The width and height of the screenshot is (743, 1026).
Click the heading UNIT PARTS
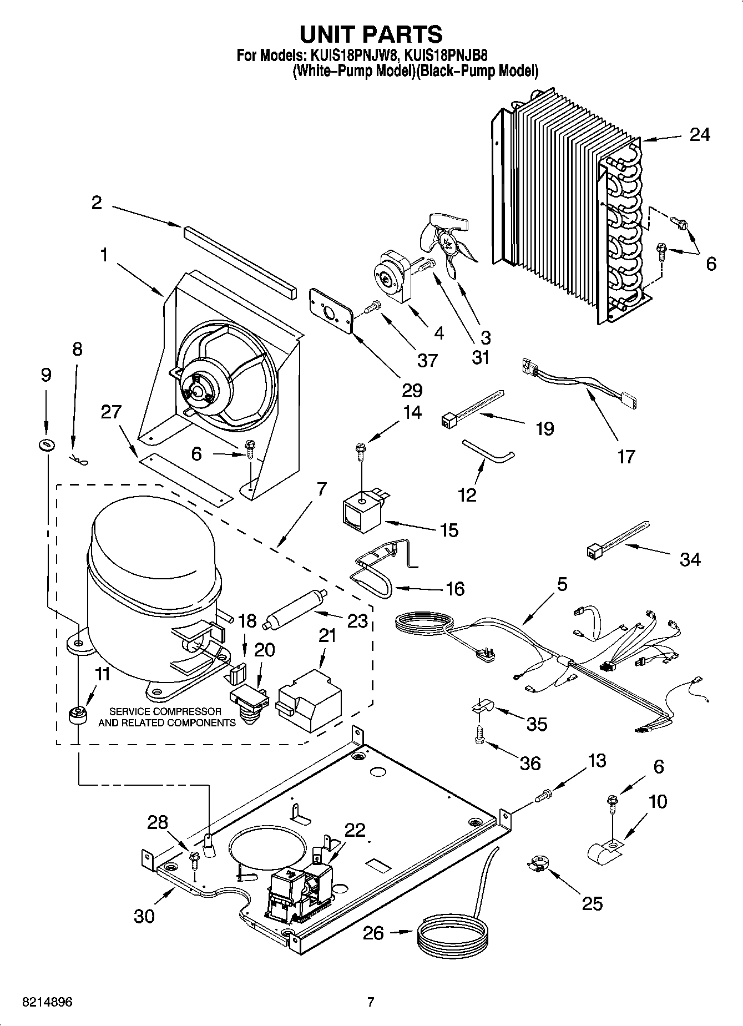pyautogui.click(x=371, y=34)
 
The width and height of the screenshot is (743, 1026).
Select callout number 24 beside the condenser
pyautogui.click(x=699, y=134)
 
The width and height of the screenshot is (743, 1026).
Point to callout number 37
pyautogui.click(x=427, y=361)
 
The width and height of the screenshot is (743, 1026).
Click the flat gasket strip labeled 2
pyautogui.click(x=240, y=260)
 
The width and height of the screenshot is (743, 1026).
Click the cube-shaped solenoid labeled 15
pyautogui.click(x=361, y=513)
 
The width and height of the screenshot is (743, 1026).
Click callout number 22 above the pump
pyautogui.click(x=355, y=830)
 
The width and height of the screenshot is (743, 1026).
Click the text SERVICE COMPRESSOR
pyautogui.click(x=165, y=711)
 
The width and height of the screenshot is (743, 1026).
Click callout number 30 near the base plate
pyautogui.click(x=144, y=916)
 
